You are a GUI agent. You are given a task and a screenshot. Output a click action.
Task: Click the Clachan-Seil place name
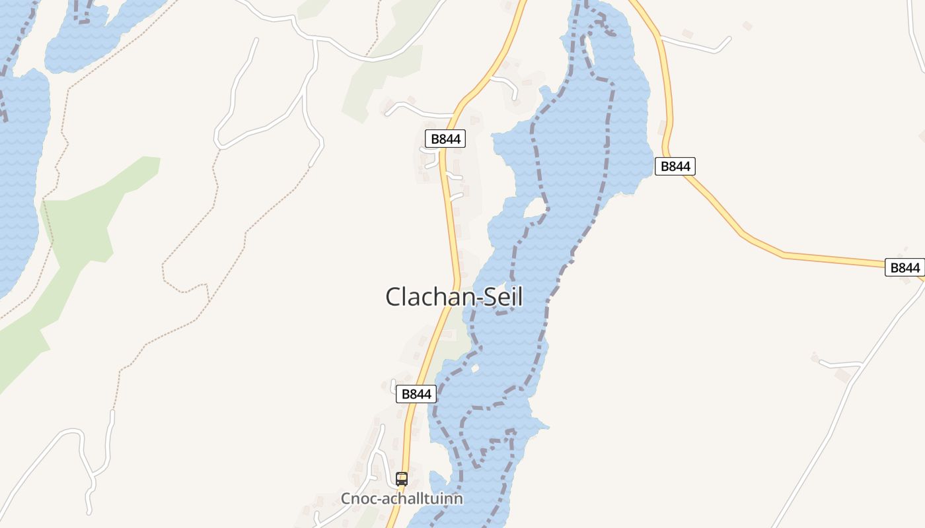[x=454, y=297]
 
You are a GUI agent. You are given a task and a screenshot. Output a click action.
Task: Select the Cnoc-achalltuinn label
[x=402, y=499]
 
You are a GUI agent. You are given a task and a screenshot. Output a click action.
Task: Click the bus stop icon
[x=402, y=479]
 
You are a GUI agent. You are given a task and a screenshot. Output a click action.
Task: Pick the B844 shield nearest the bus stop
[x=416, y=394]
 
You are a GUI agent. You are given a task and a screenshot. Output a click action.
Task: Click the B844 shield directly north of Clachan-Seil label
[x=445, y=139]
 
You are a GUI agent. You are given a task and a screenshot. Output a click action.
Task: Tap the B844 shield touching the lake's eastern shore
[x=675, y=166]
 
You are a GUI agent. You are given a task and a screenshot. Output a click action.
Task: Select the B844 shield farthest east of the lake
[x=905, y=267]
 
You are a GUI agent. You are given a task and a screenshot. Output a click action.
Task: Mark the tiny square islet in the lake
[x=474, y=367]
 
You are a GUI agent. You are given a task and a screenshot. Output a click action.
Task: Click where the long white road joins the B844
[x=922, y=280]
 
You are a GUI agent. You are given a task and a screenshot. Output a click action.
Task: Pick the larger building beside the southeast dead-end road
[x=842, y=375]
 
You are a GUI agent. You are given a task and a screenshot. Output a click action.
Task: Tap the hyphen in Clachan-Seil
[x=462, y=298]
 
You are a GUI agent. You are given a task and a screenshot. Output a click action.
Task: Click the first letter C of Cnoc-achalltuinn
[x=346, y=499]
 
